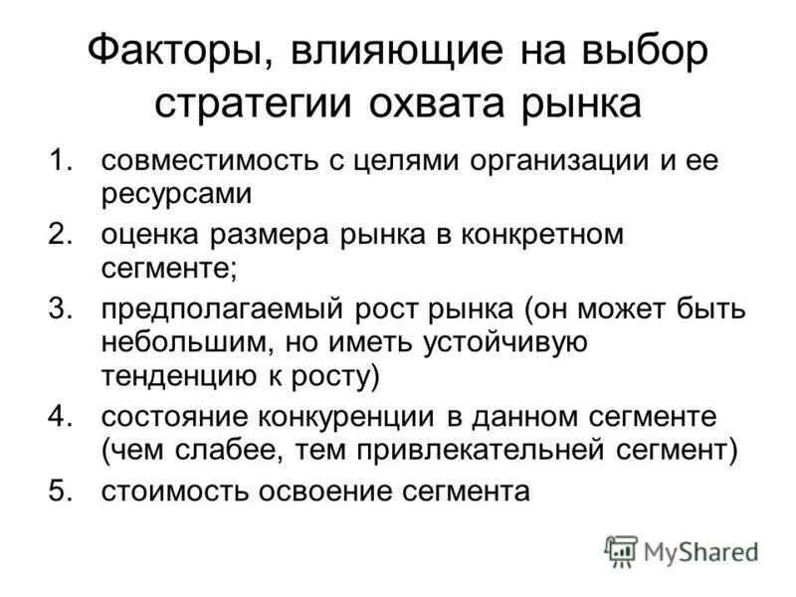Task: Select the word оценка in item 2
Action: click(x=145, y=236)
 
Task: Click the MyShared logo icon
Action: click(x=621, y=549)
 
